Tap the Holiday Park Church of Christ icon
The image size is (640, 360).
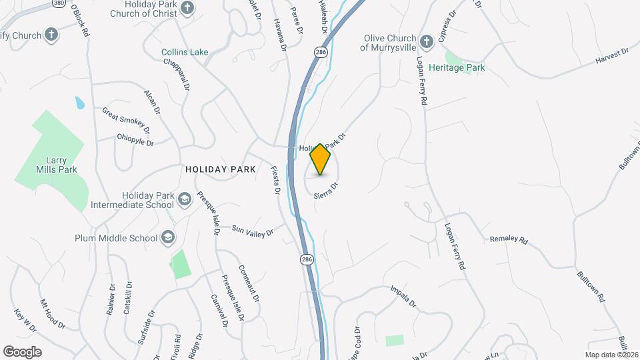[187, 8]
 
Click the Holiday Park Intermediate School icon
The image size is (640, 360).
[185, 199]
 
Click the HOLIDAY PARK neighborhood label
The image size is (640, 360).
[221, 170]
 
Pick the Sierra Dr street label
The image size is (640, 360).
[327, 187]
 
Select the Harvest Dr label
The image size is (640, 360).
[612, 56]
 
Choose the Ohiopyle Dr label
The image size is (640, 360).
[135, 143]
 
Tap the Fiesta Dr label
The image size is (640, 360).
[275, 180]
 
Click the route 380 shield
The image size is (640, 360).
[58, 3]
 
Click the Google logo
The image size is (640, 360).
[22, 351]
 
